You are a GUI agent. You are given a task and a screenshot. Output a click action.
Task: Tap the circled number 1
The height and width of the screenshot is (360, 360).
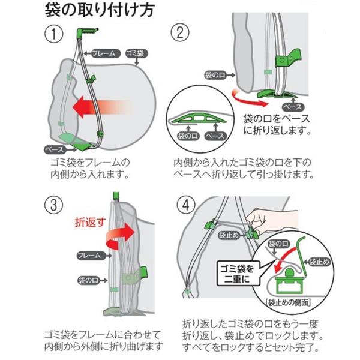(57, 35)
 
